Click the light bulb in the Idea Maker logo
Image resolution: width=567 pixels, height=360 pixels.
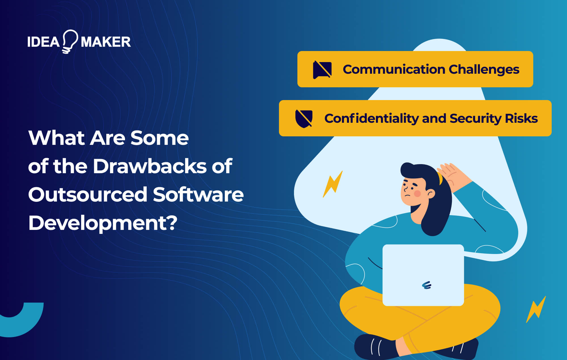(69, 41)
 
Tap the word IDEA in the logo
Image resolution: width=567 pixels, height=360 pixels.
(43, 42)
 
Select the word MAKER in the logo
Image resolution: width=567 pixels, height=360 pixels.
(106, 42)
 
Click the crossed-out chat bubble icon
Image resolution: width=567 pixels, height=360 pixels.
(322, 70)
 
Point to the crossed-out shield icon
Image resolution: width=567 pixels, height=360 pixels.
(304, 118)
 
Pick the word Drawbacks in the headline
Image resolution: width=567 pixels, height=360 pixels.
(150, 166)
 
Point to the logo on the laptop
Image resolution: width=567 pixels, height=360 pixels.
(426, 285)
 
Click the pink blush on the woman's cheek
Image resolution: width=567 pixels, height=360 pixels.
(418, 194)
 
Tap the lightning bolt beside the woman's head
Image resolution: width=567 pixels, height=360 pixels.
(333, 184)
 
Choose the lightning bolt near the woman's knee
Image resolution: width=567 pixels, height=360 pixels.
(536, 309)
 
